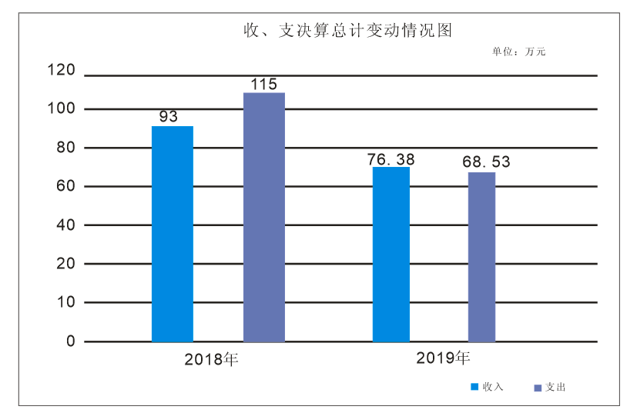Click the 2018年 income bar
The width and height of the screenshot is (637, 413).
[172, 234]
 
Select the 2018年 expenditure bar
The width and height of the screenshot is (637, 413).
[264, 217]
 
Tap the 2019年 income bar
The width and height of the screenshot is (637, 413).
[391, 254]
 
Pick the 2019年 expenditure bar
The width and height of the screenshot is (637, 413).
[481, 257]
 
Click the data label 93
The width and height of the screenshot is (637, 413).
[169, 117]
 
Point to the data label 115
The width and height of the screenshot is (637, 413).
[264, 84]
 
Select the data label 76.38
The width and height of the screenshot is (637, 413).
[391, 159]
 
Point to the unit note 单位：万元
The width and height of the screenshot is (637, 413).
[519, 52]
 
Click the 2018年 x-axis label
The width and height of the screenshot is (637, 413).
[212, 359]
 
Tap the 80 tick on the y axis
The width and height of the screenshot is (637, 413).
[65, 148]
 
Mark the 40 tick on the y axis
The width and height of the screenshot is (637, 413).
[65, 225]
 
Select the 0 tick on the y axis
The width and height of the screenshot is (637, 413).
[70, 341]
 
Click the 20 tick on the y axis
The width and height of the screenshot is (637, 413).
[65, 264]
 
